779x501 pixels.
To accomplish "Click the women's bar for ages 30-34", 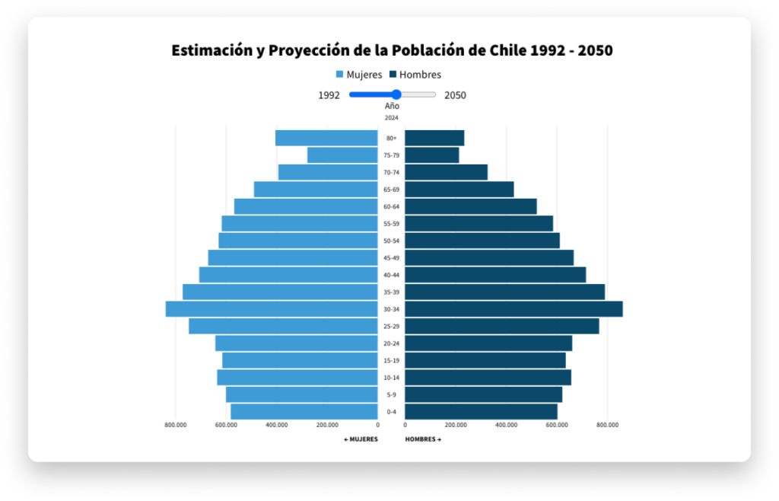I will click(x=272, y=309).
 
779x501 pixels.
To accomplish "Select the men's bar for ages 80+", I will click(x=434, y=138).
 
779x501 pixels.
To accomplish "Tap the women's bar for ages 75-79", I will click(x=342, y=155).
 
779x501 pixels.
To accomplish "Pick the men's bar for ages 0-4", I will click(x=481, y=412).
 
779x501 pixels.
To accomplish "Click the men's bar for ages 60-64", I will click(x=470, y=206).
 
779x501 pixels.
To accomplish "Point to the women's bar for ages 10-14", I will click(x=297, y=378).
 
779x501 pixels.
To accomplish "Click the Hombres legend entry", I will click(x=415, y=75).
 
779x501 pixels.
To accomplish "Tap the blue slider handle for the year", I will click(x=396, y=95).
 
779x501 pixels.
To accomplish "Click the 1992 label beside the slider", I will click(x=329, y=95).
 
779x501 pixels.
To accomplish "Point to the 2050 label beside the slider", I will click(x=455, y=95).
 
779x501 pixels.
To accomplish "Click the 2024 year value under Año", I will click(x=392, y=118).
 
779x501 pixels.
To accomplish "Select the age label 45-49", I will click(x=392, y=258).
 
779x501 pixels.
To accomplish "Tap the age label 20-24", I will click(x=392, y=343).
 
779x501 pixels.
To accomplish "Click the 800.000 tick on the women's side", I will click(x=176, y=425).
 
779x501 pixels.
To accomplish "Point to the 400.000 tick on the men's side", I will click(x=506, y=425).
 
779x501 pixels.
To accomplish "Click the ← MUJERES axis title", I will click(x=361, y=439).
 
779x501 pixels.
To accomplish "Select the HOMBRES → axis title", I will click(x=423, y=439).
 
